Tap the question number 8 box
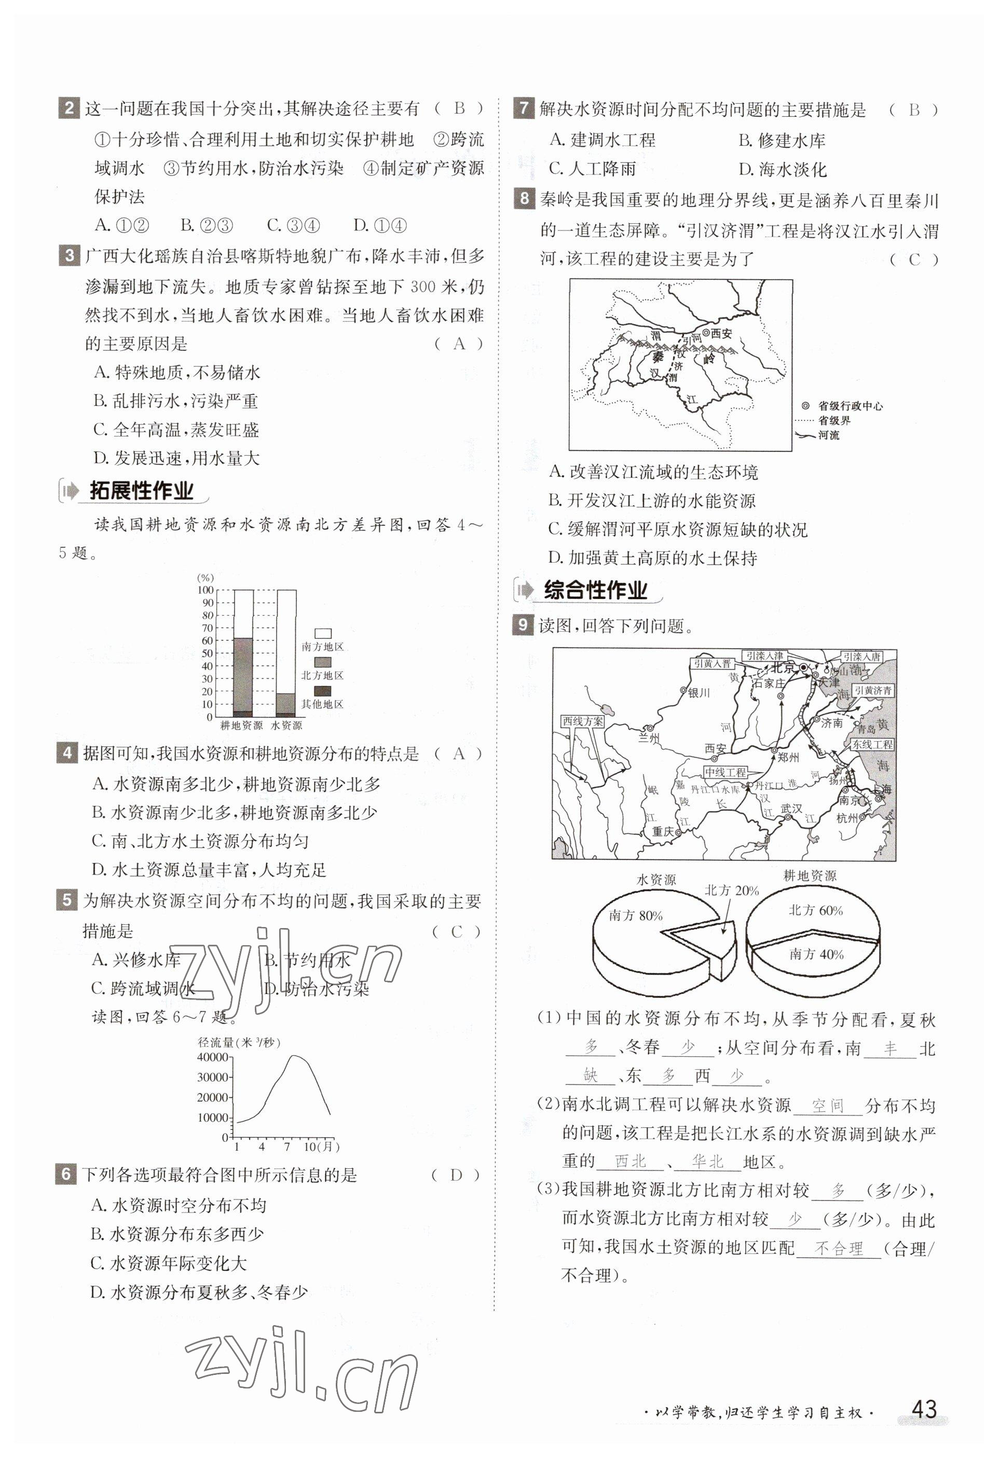[524, 199]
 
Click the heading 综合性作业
[595, 590]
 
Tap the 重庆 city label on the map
[662, 832]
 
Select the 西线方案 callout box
[583, 721]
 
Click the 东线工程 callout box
[872, 745]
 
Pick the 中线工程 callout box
[725, 772]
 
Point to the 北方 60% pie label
[815, 910]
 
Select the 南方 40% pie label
[816, 954]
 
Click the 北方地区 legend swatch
[322, 662]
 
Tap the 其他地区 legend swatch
[322, 691]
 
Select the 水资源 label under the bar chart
[286, 725]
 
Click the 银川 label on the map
[699, 692]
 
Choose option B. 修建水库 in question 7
[782, 141]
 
